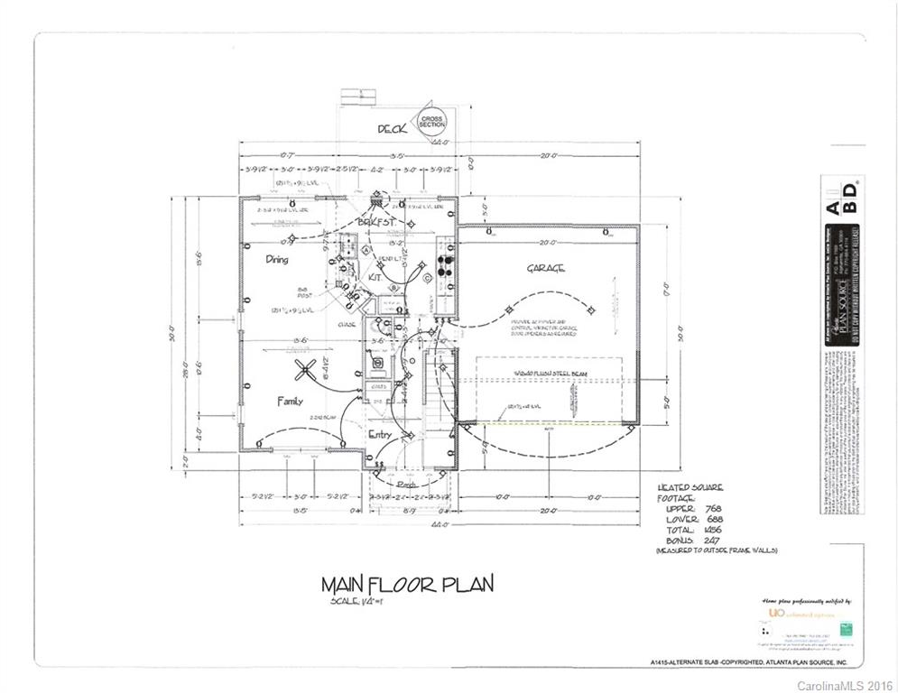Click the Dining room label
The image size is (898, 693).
pos(277,259)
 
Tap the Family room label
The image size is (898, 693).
pos(290,401)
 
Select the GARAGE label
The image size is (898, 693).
pos(546,268)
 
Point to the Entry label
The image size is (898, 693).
pos(379,435)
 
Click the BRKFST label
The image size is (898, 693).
pos(375,221)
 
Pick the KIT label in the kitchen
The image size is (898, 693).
pos(374,278)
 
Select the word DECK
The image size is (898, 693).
pos(392,129)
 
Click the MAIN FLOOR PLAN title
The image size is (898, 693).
pos(408,584)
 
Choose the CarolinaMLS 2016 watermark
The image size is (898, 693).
pos(845,686)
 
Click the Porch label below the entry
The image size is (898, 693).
pos(405,485)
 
